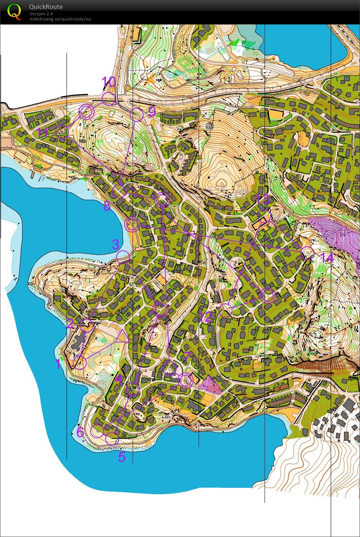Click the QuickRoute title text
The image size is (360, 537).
pos(46,6)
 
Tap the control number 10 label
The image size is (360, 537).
pos(109,81)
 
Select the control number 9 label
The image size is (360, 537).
pos(151,111)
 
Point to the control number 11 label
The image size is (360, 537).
pos(43,133)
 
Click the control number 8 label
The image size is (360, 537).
pos(107,206)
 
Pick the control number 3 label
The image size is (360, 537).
pos(116,244)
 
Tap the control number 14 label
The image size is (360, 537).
pos(327,257)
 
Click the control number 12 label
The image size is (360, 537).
pos(206,317)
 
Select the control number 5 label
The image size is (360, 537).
pos(122,457)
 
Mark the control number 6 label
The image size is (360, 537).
pos(80,432)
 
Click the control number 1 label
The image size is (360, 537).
pos(58,364)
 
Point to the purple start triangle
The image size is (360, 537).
pos(122,336)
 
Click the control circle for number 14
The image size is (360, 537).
pos(307,252)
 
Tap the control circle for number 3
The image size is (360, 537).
pos(123,257)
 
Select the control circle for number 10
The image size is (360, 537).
pos(108,99)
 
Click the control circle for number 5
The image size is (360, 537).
pos(112,439)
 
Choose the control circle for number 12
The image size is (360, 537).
pos(225,310)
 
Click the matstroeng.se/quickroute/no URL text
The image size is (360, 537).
pos(60,19)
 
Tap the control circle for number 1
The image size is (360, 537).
pos(80,363)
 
